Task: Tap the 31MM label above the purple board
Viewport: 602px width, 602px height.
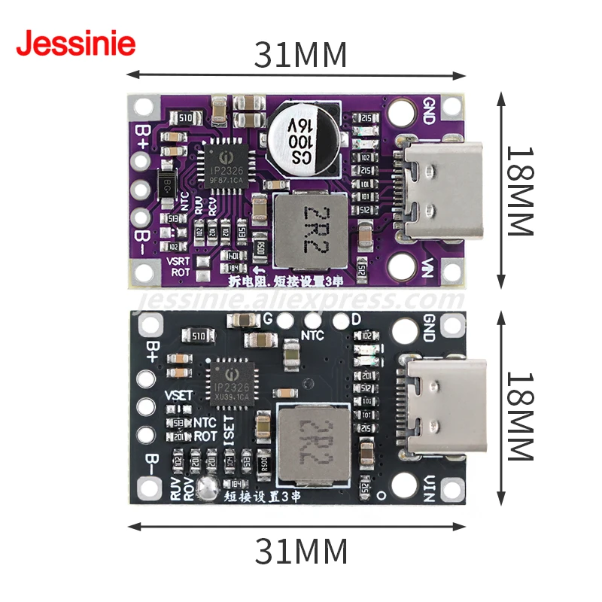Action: pos(300,54)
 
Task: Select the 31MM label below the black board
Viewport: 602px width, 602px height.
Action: pos(300,552)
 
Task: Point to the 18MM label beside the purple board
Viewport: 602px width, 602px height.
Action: pos(519,190)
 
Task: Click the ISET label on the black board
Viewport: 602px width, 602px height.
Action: pos(230,431)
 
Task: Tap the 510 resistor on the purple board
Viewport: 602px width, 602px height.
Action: pos(185,117)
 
